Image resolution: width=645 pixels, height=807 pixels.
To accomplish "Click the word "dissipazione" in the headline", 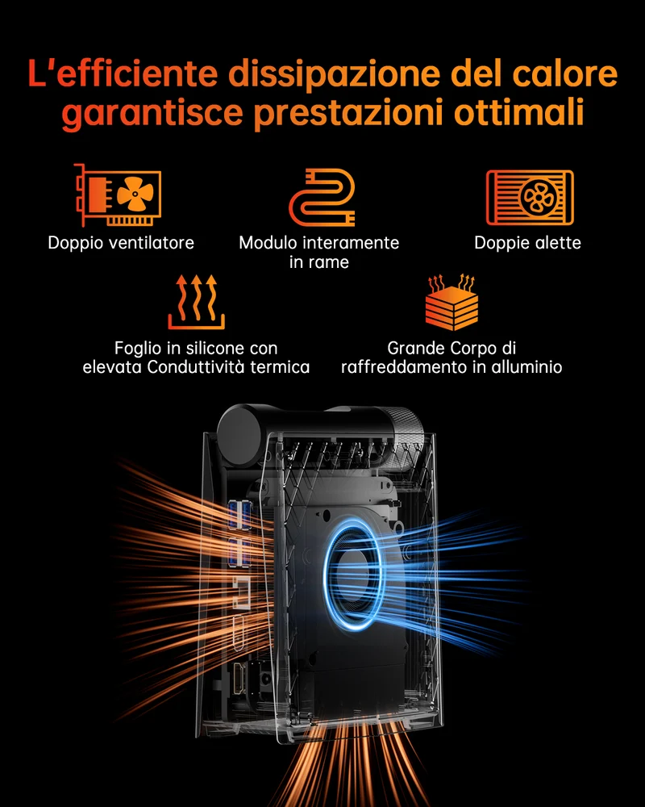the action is pyautogui.click(x=335, y=73).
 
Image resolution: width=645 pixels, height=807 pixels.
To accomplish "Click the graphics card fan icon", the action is pyautogui.click(x=118, y=195).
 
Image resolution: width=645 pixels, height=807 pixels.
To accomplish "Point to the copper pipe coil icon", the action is pyautogui.click(x=322, y=197).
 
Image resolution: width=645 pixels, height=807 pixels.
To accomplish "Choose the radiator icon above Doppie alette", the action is pyautogui.click(x=530, y=198).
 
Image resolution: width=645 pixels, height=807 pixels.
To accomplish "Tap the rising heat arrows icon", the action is pyautogui.click(x=197, y=302).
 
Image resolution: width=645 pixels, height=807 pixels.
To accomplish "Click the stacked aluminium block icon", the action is pyautogui.click(x=451, y=302).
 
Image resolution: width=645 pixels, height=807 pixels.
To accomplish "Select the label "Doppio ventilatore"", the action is pyautogui.click(x=121, y=243).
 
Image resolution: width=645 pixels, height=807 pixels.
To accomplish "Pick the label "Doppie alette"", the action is pyautogui.click(x=528, y=243).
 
